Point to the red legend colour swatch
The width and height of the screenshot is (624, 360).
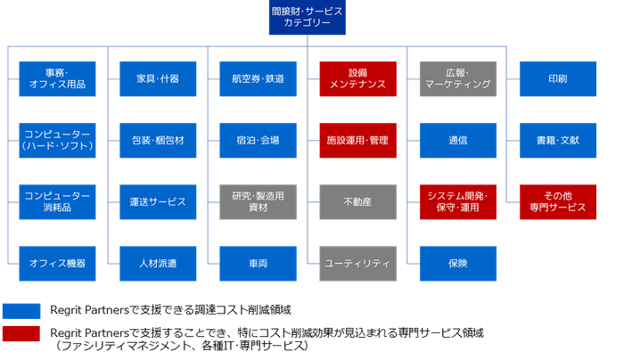[21, 334]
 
